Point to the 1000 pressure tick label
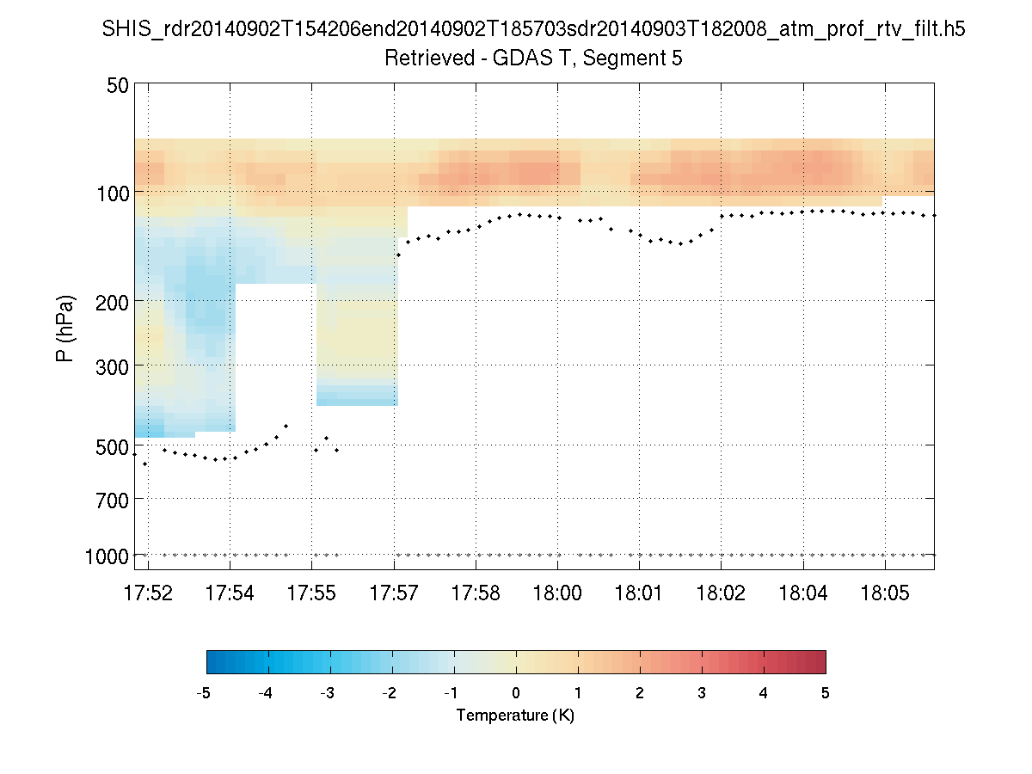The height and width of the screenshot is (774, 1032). click(107, 556)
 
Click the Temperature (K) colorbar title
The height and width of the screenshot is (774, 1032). click(515, 716)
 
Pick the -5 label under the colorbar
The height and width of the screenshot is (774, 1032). click(204, 693)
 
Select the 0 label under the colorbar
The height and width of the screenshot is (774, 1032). click(516, 693)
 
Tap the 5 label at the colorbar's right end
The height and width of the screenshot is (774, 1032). click(826, 693)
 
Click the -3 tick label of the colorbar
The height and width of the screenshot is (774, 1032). click(328, 693)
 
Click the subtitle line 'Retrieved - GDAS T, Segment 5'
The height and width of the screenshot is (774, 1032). click(533, 58)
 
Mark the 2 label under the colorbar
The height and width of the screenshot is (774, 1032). click(640, 693)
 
